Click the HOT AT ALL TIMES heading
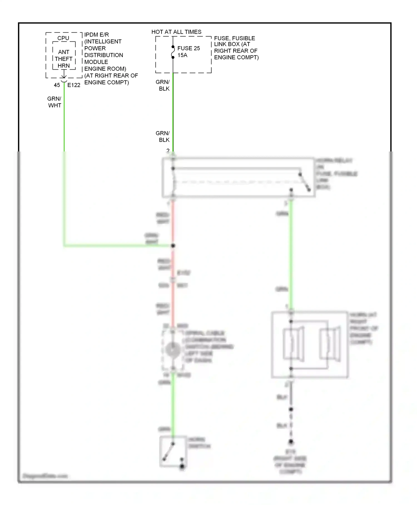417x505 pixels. pos(176,32)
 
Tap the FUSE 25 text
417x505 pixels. pos(188,48)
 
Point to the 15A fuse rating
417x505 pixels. pos(182,55)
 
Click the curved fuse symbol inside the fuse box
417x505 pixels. pos(173,52)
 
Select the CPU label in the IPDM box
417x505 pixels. pos(63,38)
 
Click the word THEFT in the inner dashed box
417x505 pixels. pos(64,59)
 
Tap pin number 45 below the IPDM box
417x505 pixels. pos(57,85)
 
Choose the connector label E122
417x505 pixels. pos(74,85)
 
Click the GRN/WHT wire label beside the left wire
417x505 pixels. pos(54,102)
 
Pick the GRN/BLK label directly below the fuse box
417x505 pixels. pos(163,85)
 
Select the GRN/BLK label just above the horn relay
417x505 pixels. pos(163,136)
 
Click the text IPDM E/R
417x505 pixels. pos(96,35)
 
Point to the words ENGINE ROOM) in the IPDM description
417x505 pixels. pos(105,69)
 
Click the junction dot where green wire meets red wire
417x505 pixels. pos(173,246)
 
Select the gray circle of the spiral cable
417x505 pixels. pos(173,349)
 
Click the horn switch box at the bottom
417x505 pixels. pos(173,451)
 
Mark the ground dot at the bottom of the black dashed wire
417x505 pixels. pos(291,442)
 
